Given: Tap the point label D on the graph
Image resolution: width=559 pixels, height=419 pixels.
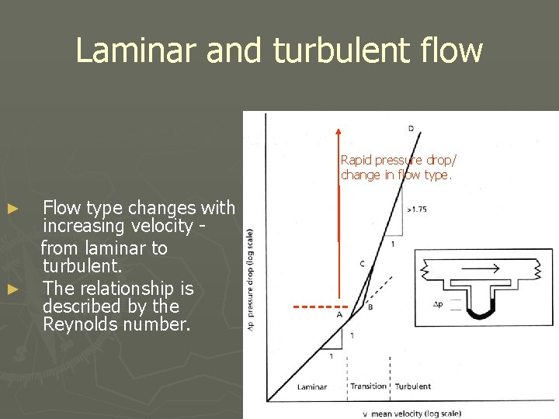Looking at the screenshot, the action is [410, 128].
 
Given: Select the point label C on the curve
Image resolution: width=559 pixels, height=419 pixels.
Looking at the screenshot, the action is [362, 264].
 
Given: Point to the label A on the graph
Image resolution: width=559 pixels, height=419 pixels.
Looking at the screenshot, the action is [339, 315].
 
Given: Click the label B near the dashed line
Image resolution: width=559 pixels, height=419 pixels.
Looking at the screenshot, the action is [370, 307].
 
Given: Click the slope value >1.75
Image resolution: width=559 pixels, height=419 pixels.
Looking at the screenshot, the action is [415, 209].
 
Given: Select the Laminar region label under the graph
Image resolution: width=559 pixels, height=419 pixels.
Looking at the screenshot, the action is [312, 386].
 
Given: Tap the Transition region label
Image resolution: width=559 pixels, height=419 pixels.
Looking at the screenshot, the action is [368, 386].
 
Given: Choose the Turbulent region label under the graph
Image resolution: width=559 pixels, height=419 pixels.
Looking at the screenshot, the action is [413, 386].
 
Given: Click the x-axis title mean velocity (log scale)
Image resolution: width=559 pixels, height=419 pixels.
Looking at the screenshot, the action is [415, 413].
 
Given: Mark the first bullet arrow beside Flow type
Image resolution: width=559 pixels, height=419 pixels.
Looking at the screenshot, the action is [12, 209].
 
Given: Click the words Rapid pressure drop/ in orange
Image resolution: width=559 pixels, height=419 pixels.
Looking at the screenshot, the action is [398, 160].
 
